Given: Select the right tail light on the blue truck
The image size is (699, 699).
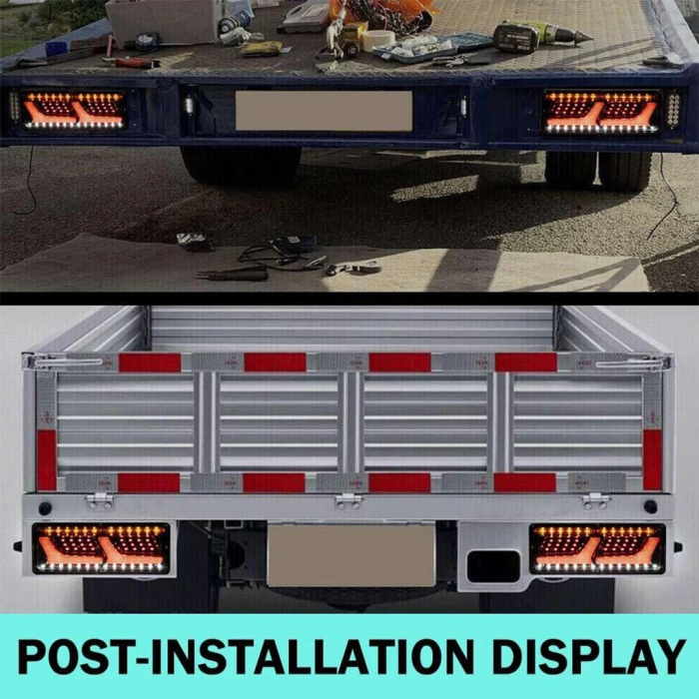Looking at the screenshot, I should [x=601, y=111].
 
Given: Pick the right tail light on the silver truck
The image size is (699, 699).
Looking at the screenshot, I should [x=597, y=548].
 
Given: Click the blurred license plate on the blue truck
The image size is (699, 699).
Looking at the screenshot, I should [x=324, y=111].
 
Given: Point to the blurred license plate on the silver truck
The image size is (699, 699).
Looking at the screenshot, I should [x=351, y=555].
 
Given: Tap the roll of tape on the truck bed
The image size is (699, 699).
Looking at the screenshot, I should [x=378, y=40].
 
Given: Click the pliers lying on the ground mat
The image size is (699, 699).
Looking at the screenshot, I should [x=236, y=273].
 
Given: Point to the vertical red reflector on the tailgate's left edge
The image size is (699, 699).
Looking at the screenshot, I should [x=47, y=459].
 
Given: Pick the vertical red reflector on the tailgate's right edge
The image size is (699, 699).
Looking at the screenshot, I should [x=652, y=459].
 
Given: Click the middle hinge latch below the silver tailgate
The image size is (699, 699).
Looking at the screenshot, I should [x=348, y=500].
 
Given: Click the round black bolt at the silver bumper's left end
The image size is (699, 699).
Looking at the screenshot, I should [x=45, y=508].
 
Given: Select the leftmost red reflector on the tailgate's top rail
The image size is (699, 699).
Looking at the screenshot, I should [x=150, y=362].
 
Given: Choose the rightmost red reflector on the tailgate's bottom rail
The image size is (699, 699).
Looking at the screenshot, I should [x=525, y=483].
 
